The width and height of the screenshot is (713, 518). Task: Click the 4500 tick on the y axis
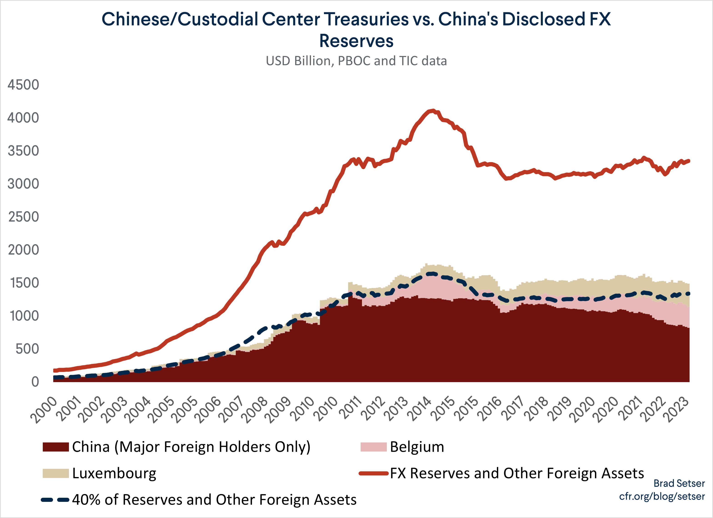(23, 85)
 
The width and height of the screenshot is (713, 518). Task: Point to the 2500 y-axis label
(23, 217)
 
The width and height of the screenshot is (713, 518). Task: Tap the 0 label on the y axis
(35, 382)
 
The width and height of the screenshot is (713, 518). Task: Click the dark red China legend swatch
(56, 447)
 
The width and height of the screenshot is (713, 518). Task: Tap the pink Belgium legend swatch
(373, 447)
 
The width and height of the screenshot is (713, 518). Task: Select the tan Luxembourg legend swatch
(56, 473)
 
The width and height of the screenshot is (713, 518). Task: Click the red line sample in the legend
(373, 473)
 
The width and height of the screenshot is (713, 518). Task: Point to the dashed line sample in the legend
(55, 500)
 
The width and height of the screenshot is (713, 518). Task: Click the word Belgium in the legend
(417, 447)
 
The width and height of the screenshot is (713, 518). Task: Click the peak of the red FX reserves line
(433, 110)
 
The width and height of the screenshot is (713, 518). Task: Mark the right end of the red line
(689, 161)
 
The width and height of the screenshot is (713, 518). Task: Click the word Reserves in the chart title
(356, 41)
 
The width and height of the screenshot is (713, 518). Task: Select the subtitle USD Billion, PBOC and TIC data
(356, 61)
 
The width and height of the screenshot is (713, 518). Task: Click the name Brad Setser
(679, 483)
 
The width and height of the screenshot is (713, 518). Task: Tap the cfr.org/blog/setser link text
(662, 496)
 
